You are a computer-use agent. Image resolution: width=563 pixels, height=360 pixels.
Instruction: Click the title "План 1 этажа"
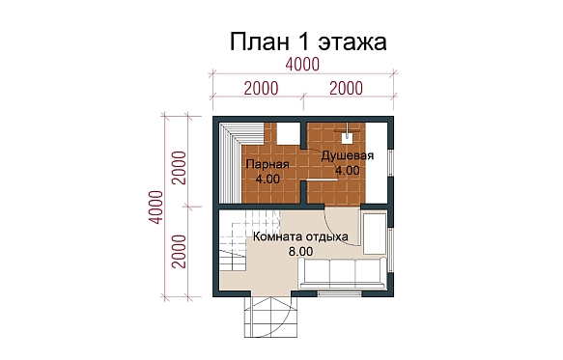tap(308, 42)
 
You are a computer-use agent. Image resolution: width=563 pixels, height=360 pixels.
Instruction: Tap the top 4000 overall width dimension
tap(302, 65)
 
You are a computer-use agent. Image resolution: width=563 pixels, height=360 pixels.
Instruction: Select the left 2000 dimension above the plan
tap(262, 88)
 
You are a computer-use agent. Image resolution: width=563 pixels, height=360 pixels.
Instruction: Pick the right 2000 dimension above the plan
tap(346, 88)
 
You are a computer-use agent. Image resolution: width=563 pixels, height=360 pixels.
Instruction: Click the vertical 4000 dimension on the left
tap(156, 208)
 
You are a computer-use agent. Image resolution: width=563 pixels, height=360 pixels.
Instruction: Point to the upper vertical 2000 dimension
tap(180, 168)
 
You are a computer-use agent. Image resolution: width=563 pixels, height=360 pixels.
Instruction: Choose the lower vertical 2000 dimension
tap(180, 252)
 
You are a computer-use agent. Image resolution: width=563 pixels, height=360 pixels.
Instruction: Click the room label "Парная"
tap(267, 165)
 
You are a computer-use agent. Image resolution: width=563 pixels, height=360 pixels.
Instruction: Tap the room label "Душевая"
tap(348, 155)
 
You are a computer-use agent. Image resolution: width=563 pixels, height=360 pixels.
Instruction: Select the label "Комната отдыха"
tap(300, 237)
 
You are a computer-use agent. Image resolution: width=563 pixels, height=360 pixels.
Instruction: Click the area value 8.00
tap(300, 252)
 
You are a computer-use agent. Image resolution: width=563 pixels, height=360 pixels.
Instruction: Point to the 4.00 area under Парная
tap(267, 179)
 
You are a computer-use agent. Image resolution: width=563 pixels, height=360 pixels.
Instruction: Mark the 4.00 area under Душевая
tap(348, 171)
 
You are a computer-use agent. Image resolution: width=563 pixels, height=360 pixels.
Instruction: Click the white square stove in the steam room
tap(288, 133)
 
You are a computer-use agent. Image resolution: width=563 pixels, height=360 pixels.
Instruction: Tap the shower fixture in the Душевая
tap(347, 134)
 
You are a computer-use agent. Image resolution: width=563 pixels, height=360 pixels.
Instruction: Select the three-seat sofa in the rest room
tap(343, 273)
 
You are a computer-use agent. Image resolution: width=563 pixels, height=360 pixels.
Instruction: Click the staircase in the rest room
tap(249, 241)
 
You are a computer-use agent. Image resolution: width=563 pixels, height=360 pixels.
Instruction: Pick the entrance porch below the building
tap(271, 317)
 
